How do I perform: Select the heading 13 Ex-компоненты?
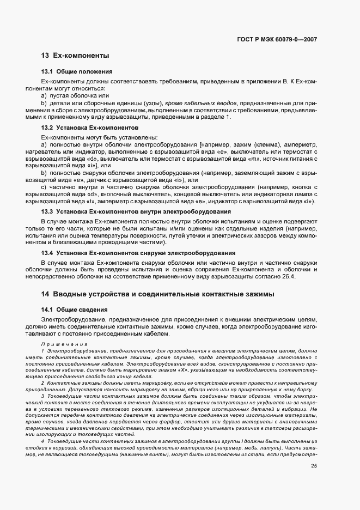point(75,56)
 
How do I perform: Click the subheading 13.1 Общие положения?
point(77,71)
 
